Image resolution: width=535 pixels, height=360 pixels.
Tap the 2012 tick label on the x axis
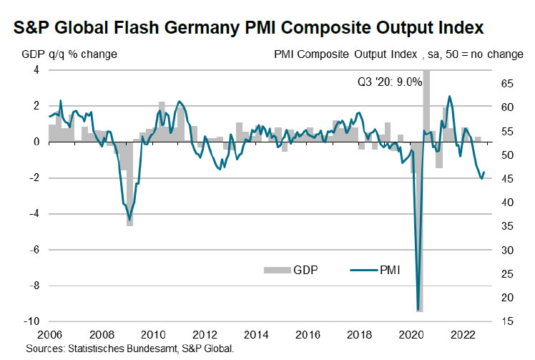pyautogui.click(x=204, y=334)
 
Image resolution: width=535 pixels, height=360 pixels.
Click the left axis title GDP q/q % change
pyautogui.click(x=68, y=54)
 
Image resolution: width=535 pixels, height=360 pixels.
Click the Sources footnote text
pyautogui.click(x=129, y=349)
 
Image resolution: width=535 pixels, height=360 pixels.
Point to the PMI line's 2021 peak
pyautogui.click(x=449, y=96)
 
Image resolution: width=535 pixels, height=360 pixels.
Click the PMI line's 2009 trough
pyautogui.click(x=129, y=220)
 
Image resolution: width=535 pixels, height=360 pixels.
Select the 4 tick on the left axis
pyautogui.click(x=35, y=70)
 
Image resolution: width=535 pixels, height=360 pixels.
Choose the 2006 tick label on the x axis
pyautogui.click(x=49, y=334)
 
